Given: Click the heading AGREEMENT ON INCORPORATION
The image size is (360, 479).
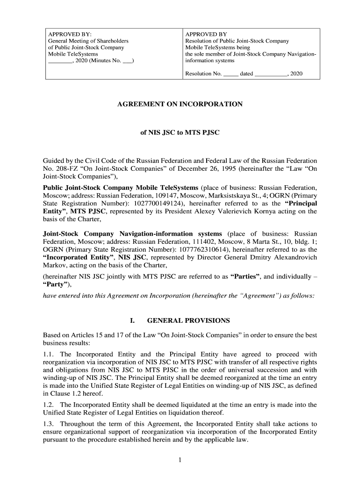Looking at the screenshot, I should (180, 104).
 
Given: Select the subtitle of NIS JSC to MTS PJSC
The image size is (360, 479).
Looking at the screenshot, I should (180, 132).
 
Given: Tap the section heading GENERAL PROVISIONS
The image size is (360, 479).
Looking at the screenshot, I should (188, 320).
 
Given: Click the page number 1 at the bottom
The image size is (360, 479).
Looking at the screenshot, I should (180, 460).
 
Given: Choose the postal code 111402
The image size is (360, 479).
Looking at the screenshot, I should (203, 241).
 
